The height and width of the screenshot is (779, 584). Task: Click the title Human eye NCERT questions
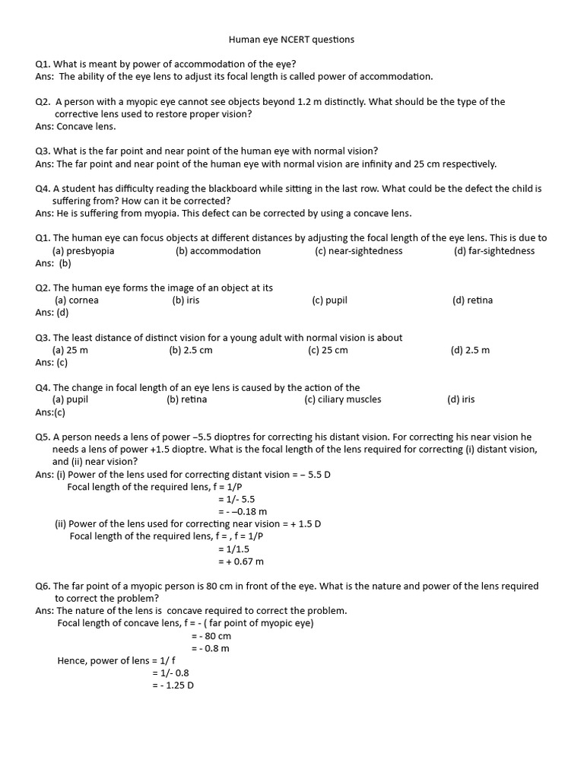pyautogui.click(x=292, y=40)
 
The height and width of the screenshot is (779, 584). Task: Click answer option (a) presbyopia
pyautogui.click(x=83, y=251)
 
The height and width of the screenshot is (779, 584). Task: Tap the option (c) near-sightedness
pyautogui.click(x=358, y=251)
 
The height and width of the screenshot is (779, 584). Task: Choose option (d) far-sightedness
pyautogui.click(x=494, y=251)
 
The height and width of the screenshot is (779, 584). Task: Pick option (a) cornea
pyautogui.click(x=76, y=300)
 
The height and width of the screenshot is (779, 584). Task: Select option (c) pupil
pyautogui.click(x=329, y=300)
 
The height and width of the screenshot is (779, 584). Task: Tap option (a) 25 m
pyautogui.click(x=70, y=350)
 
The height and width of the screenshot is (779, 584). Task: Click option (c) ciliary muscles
pyautogui.click(x=342, y=399)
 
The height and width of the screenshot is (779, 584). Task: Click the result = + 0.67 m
pyautogui.click(x=240, y=561)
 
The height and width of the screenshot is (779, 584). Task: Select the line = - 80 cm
pyautogui.click(x=211, y=636)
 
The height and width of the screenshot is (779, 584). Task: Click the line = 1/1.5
pyautogui.click(x=233, y=548)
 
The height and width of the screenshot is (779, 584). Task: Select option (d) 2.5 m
pyautogui.click(x=470, y=350)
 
